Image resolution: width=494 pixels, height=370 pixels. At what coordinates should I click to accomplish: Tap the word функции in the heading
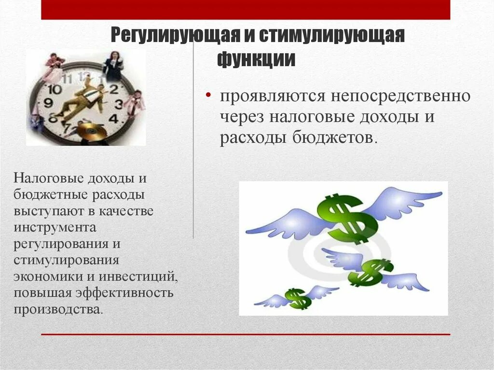tap(256, 59)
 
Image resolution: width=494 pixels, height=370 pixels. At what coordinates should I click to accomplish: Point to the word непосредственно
tap(400, 96)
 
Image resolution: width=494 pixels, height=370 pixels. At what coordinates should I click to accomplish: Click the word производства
tap(58, 309)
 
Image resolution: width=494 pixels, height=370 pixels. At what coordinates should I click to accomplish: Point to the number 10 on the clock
tap(55, 89)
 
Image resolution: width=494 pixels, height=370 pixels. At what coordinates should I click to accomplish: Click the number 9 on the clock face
tap(48, 103)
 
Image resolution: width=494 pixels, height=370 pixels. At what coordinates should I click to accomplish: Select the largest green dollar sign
tap(346, 216)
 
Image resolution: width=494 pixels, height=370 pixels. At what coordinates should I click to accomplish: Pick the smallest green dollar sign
tap(298, 298)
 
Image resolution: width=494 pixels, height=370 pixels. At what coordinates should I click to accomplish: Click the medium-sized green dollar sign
tap(370, 272)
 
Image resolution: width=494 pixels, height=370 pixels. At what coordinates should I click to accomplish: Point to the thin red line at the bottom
tap(246, 334)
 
